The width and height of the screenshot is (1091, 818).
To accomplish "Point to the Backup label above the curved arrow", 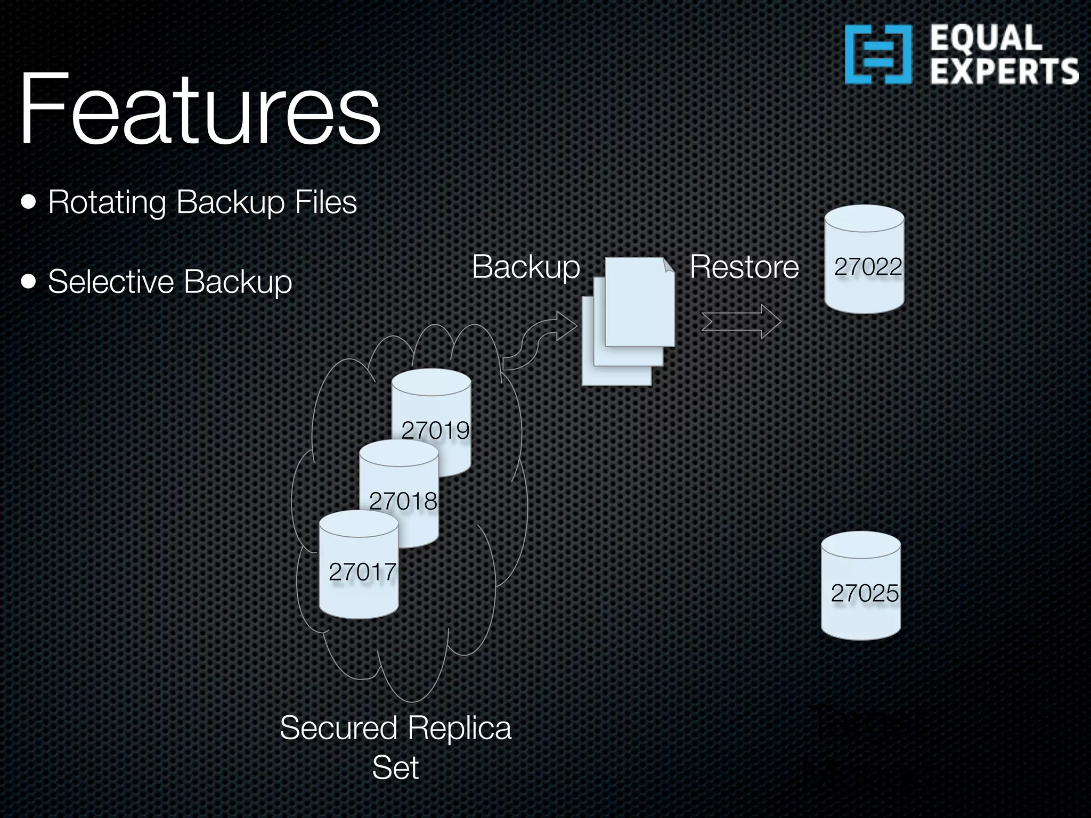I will (x=526, y=266).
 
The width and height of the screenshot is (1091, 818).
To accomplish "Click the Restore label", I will (x=744, y=266).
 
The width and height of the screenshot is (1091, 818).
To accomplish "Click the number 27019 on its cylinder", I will (x=435, y=430).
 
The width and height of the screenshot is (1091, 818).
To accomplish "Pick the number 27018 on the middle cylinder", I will (x=403, y=501).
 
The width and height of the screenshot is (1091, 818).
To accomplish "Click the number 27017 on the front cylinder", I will (x=362, y=572).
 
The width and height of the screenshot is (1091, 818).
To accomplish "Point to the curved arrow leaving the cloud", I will (x=538, y=341).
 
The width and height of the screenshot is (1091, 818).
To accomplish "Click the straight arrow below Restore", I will (x=740, y=322).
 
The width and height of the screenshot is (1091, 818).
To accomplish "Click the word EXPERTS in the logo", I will (x=1004, y=72).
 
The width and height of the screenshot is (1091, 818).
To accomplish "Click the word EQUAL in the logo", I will (x=986, y=38).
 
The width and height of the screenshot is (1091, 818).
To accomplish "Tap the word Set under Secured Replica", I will (x=395, y=767).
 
